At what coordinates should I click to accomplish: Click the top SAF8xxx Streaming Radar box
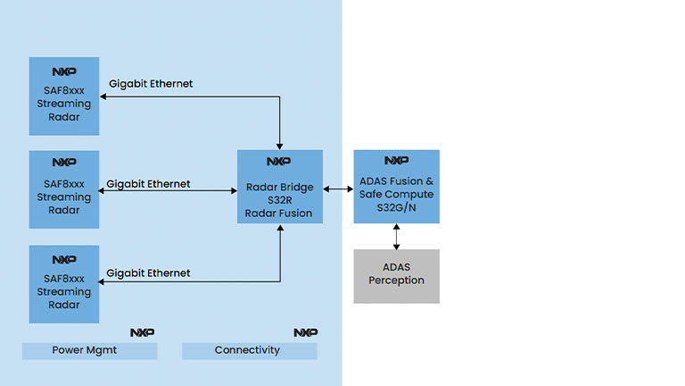[x=63, y=96]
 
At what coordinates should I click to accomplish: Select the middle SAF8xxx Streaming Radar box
[x=63, y=190]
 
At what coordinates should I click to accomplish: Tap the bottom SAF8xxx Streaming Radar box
[x=63, y=284]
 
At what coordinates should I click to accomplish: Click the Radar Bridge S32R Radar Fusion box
[x=279, y=187]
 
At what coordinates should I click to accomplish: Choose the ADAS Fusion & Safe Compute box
[x=396, y=187]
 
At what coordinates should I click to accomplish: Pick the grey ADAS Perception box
[x=396, y=276]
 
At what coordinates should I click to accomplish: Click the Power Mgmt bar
[x=89, y=351]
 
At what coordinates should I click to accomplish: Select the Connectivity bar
[x=249, y=351]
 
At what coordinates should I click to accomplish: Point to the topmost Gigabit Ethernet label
[x=151, y=84]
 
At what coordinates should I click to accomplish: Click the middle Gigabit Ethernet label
[x=148, y=184]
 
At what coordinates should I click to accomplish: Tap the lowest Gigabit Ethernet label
[x=148, y=273]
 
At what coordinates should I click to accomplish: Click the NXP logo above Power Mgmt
[x=142, y=332]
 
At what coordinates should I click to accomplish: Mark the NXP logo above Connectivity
[x=305, y=332]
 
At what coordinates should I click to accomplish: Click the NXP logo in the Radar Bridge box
[x=279, y=162]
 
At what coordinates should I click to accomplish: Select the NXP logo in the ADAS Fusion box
[x=396, y=161]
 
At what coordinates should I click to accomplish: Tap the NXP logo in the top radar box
[x=63, y=71]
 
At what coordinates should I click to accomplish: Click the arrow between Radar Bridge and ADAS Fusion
[x=338, y=189]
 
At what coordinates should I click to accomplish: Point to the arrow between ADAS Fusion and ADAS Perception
[x=396, y=237]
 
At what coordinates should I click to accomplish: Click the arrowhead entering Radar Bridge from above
[x=280, y=145]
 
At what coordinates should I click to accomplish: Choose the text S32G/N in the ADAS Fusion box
[x=396, y=207]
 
